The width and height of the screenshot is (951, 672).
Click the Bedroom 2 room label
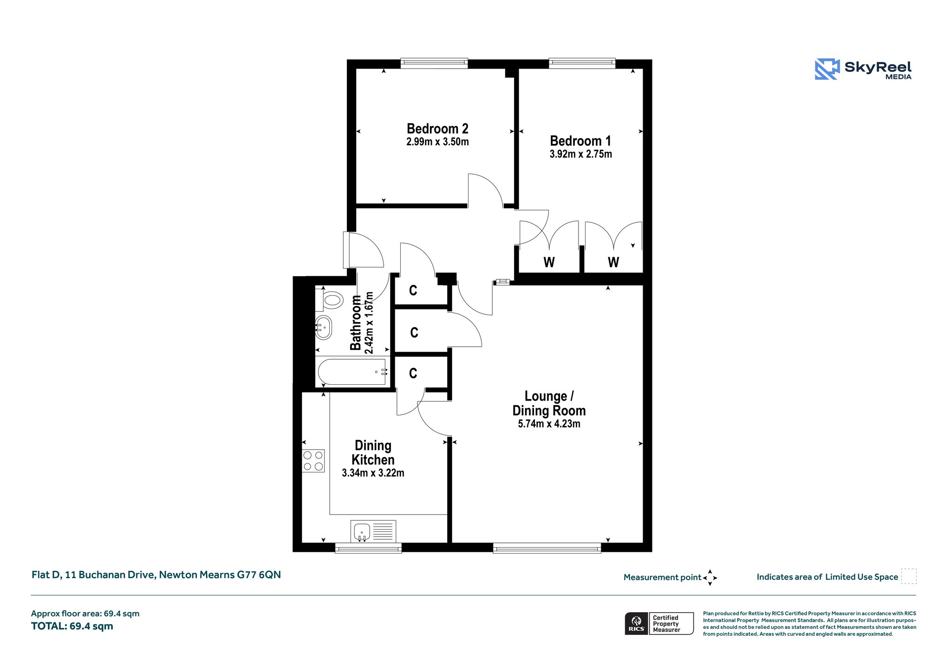[437, 129]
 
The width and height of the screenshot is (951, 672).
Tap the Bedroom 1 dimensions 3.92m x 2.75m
[580, 154]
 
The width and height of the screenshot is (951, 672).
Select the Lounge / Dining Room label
[549, 403]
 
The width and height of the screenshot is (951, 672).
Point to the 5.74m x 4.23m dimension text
[549, 424]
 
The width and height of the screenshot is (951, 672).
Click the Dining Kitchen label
[373, 452]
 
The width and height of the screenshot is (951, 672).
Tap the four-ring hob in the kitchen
[313, 461]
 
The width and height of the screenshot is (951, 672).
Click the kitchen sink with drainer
[373, 531]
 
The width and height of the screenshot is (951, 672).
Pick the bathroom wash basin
[323, 328]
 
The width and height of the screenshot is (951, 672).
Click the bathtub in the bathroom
[352, 372]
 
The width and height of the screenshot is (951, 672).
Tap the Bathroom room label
[356, 323]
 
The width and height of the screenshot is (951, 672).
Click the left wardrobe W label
[549, 262]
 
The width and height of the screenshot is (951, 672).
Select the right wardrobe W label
[613, 262]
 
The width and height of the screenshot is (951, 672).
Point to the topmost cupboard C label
[413, 291]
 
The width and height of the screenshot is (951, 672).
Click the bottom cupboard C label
[413, 373]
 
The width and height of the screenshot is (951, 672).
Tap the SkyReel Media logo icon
[827, 69]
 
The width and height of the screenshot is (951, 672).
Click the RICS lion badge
[636, 623]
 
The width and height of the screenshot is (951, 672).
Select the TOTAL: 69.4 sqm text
[72, 626]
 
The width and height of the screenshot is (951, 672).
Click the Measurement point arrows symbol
[710, 578]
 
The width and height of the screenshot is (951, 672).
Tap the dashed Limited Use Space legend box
[909, 576]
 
